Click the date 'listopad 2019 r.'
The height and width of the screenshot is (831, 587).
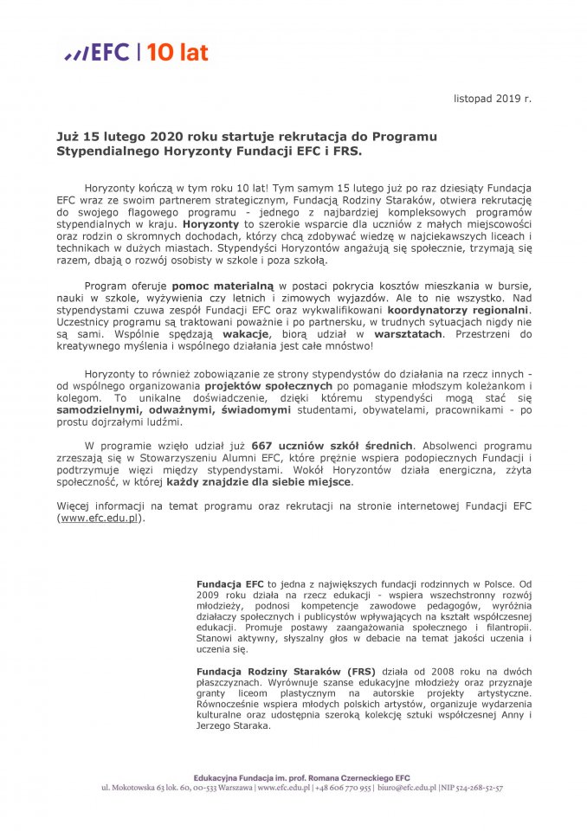coord(493,99)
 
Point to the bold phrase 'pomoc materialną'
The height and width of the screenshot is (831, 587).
coord(223,285)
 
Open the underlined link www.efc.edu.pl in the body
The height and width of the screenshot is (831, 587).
coord(98,518)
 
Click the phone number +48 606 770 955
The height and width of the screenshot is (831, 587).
coord(343,789)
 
